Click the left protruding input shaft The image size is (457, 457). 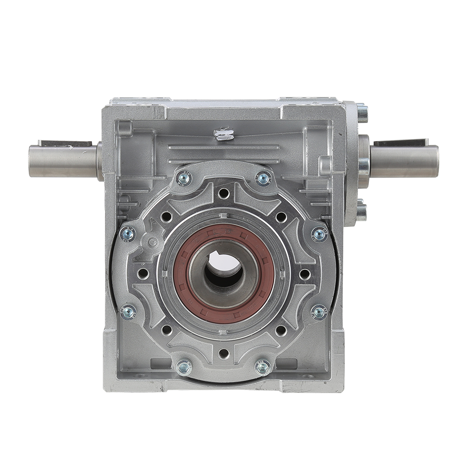[x=64, y=161]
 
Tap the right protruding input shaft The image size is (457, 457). [x=404, y=161]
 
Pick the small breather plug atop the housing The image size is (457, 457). [x=224, y=134]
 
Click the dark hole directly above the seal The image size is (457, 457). [x=223, y=193]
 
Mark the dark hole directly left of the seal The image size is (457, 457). [x=143, y=273]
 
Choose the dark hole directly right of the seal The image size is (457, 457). [x=304, y=274]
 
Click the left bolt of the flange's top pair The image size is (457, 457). [x=184, y=178]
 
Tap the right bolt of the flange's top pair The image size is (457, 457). [x=263, y=178]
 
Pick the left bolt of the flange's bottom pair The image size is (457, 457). [x=184, y=367]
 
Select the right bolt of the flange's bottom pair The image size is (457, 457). [x=263, y=367]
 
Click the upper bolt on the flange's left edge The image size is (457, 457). [x=128, y=234]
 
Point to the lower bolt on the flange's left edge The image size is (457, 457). [x=128, y=313]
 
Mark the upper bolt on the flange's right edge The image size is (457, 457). [x=319, y=234]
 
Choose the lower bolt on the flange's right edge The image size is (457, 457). [x=319, y=313]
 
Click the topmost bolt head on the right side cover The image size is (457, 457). [x=362, y=112]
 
